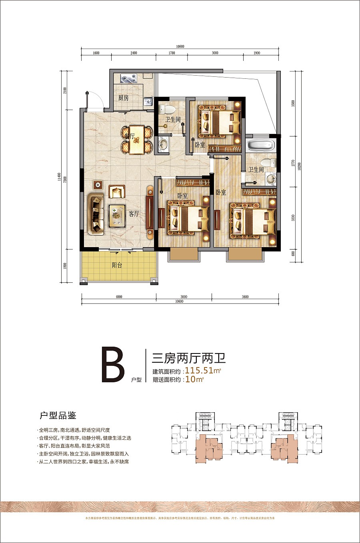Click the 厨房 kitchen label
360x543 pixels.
tap(123, 98)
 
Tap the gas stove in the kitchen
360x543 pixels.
tap(129, 79)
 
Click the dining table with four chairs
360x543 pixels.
tap(137, 140)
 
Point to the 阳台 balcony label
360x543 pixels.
tap(117, 265)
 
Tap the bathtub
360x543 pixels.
tap(260, 145)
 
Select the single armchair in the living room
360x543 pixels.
tap(116, 192)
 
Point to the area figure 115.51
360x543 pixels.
tap(199, 370)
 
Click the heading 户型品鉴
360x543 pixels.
tap(58, 415)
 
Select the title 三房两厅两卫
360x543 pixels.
tap(189, 357)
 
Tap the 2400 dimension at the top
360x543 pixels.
tap(134, 53)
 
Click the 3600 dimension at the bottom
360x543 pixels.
tap(245, 297)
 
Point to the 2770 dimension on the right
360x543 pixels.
tap(293, 163)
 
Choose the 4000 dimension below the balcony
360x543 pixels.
tap(119, 297)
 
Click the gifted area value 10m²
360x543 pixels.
tap(194, 379)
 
